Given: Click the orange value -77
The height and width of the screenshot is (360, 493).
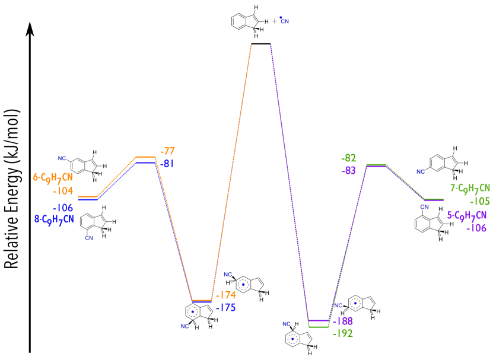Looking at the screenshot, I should (168, 151).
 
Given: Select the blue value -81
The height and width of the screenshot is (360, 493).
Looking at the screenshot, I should (167, 164).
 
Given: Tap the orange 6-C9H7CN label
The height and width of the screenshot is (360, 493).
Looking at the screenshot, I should (53, 177).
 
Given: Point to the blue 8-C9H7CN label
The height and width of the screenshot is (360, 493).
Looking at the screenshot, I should (54, 219).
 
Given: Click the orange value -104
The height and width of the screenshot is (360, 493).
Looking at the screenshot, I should (63, 191).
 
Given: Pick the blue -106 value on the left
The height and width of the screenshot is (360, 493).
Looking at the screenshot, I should (63, 208).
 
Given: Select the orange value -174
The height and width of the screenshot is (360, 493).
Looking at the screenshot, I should (225, 295).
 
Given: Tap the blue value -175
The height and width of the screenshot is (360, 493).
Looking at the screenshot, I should (225, 308).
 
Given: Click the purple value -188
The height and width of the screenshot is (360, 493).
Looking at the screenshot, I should (343, 321).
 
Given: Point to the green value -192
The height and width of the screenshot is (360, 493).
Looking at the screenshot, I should (343, 333).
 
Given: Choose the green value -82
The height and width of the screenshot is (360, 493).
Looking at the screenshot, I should (349, 158).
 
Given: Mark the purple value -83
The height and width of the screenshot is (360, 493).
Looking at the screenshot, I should (349, 171).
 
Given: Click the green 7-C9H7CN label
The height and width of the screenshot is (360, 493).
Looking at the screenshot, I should (470, 189).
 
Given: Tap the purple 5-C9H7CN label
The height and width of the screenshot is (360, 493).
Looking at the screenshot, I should (467, 215).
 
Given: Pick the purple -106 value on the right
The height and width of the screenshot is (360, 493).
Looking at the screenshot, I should (476, 228).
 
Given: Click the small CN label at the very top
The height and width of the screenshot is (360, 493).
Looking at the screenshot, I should (285, 21).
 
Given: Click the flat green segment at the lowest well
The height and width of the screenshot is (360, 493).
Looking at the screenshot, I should (319, 327).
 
